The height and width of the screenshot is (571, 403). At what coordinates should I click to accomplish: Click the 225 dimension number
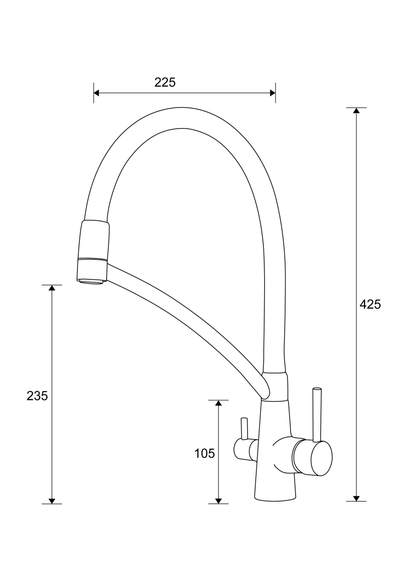(165, 82)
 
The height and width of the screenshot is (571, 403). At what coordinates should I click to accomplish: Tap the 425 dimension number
(370, 304)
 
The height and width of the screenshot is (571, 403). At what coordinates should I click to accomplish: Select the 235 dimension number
(37, 396)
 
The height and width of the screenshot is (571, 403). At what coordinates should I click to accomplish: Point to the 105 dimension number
(205, 453)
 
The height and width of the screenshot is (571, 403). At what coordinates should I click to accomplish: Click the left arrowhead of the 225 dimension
(96, 93)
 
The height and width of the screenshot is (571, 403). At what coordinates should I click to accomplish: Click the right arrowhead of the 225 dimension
(273, 93)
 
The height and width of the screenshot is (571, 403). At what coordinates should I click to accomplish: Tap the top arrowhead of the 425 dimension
(356, 110)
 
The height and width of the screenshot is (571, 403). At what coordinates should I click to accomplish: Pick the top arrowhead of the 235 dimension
(52, 288)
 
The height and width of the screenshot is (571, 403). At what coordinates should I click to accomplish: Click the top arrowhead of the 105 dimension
(218, 403)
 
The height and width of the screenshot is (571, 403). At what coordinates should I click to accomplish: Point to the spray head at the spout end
(94, 251)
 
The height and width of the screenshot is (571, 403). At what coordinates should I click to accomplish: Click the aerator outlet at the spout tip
(91, 281)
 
